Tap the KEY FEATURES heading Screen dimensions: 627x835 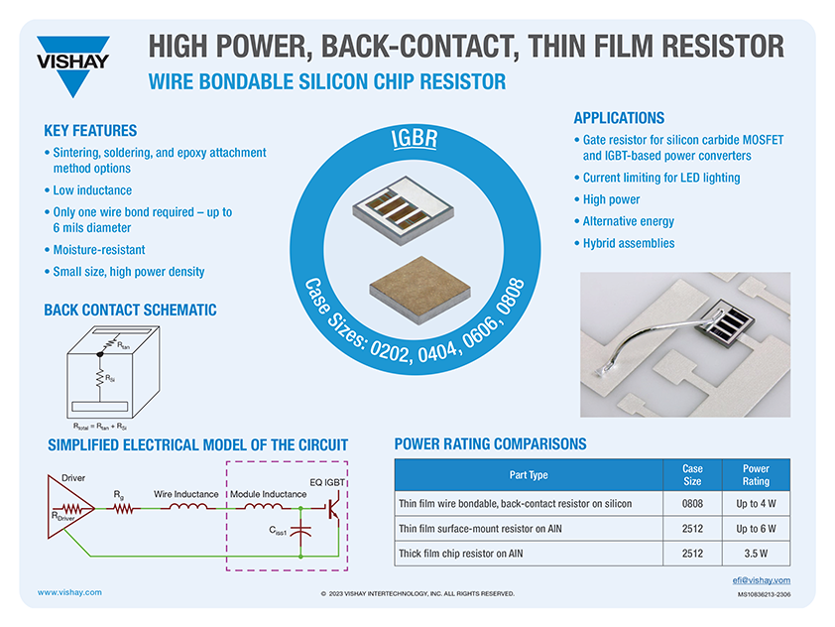90,131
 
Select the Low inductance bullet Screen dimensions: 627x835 92,190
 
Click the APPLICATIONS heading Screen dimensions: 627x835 619,118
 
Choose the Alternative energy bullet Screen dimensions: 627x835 628,221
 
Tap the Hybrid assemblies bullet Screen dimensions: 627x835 628,243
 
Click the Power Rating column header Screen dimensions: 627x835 756,475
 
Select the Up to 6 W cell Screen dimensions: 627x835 756,529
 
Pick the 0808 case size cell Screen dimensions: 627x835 693,504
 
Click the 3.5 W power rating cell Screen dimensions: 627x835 756,554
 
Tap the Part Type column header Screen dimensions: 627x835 528,475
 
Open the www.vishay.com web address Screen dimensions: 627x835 69,592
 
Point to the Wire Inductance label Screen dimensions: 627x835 187,493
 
